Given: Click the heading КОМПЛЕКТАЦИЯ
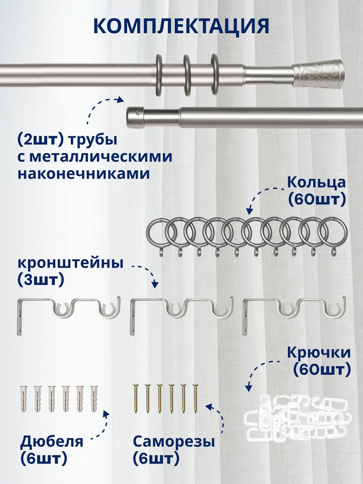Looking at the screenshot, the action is tap(181, 26).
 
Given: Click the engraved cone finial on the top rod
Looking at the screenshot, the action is tap(318, 74).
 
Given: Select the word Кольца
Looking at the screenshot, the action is tap(316, 183).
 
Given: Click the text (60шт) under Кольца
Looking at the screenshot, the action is tap(317, 199).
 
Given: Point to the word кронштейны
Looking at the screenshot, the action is tap(71, 263).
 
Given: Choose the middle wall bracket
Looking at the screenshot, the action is tap(181, 315).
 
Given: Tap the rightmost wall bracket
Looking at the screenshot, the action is tap(294, 315).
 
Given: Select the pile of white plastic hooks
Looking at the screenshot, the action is tap(298, 415).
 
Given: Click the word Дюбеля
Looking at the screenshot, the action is tap(52, 442).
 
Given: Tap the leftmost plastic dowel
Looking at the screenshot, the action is tap(24, 399).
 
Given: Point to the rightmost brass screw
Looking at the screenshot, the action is tap(195, 399).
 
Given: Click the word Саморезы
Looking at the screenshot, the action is tap(174, 442).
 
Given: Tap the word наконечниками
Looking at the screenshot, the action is tap(83, 174).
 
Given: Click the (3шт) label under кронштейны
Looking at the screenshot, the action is tap(41, 280).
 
